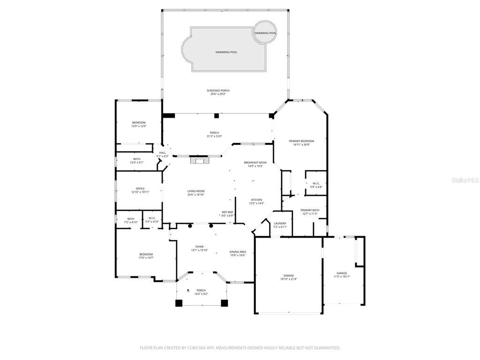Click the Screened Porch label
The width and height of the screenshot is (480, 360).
(218, 90)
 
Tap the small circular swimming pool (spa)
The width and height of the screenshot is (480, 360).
(265, 32)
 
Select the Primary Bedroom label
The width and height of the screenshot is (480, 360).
(301, 141)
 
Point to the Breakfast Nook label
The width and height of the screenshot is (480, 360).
(253, 162)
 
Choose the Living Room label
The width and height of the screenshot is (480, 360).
(196, 191)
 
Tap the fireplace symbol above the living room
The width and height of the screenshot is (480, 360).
(197, 160)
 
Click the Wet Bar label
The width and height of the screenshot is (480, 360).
(227, 212)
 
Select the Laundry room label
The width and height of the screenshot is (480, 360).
(280, 223)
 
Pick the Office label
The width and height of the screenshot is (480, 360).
(140, 188)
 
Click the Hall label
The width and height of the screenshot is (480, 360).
(162, 152)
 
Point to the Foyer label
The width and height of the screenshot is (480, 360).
(199, 247)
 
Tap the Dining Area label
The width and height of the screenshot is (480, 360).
(238, 252)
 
